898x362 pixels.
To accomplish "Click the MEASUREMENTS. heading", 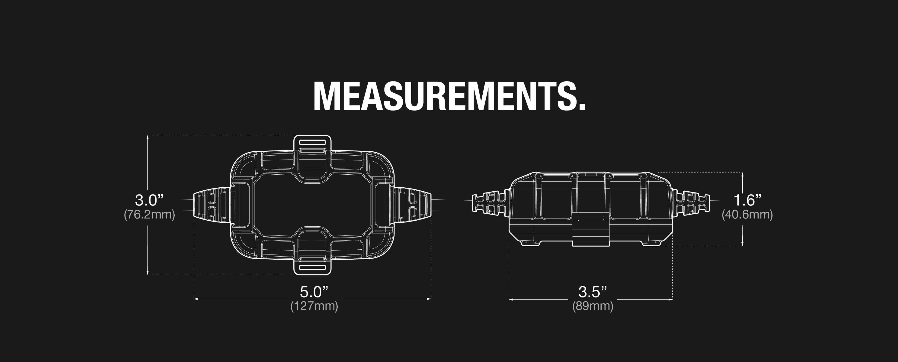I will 449,96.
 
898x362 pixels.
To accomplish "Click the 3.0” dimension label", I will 149,200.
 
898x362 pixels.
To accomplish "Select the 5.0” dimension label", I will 314,292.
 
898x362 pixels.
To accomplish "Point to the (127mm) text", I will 314,306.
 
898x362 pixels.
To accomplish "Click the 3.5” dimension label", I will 593,292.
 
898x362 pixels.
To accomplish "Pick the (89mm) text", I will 593,306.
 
